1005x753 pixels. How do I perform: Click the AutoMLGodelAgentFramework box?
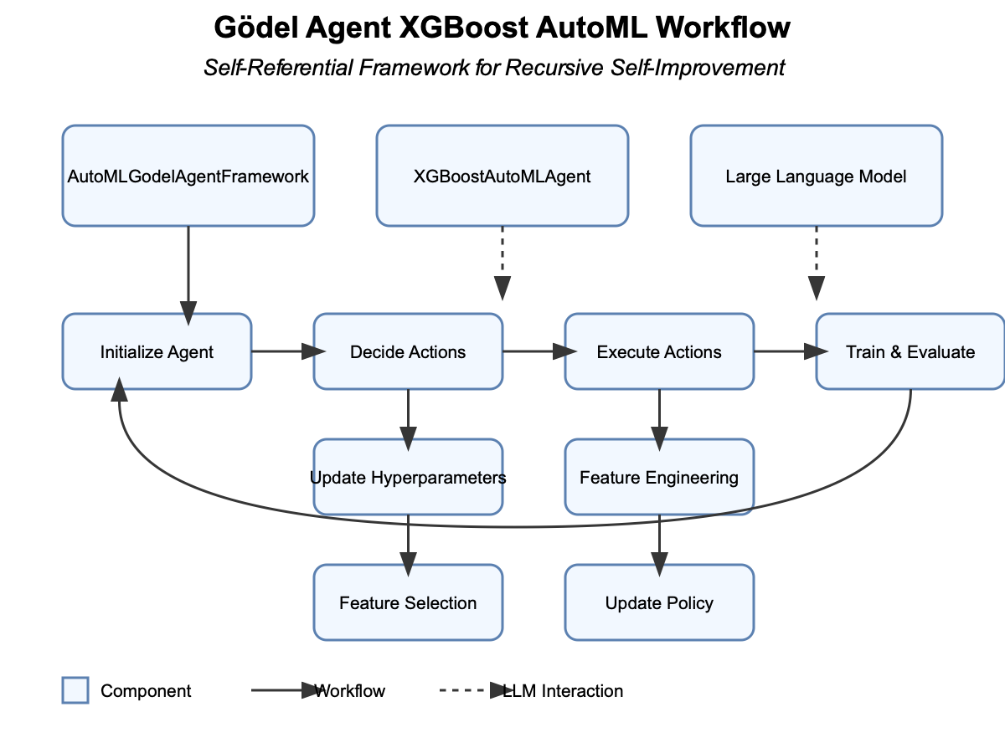188,176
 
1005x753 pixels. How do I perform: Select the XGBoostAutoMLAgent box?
502,176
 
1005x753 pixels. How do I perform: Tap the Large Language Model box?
817,176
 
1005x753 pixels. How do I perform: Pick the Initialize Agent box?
157,351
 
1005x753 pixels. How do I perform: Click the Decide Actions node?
408,351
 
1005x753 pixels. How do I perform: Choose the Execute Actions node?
659,351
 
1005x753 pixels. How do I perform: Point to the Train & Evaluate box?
910,351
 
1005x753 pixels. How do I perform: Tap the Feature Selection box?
408,603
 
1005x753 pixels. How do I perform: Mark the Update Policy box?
659,603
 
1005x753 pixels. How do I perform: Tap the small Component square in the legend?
75,690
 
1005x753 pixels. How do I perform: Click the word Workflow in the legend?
349,691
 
